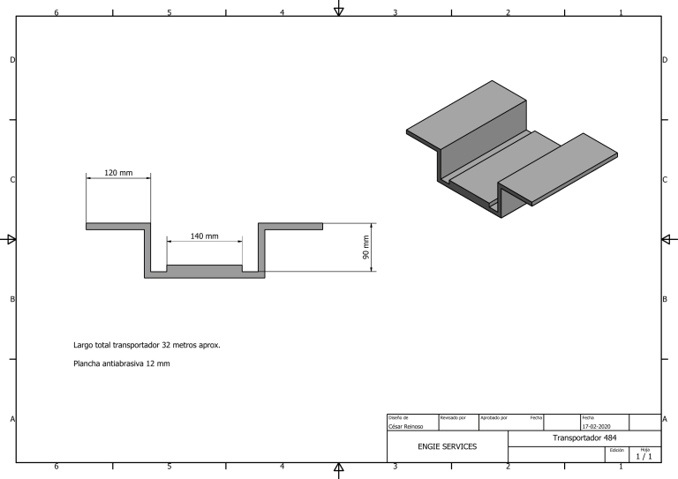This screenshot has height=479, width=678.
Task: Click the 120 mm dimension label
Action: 118,173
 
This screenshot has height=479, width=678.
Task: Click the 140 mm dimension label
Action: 204,236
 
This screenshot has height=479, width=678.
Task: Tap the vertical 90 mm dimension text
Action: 365,248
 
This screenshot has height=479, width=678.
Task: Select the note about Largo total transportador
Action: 147,345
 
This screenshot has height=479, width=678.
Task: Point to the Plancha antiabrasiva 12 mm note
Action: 122,364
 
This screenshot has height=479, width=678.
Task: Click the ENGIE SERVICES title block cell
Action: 448,446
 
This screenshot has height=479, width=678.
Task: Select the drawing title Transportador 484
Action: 584,438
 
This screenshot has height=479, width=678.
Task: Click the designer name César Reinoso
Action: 406,426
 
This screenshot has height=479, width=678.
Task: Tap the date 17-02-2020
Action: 598,426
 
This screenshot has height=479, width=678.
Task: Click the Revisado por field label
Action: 452,417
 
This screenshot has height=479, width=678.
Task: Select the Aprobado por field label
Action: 493,417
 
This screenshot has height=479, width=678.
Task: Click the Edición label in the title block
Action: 616,450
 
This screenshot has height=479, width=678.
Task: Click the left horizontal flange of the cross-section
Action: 117,227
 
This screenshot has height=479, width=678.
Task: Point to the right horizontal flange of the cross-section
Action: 291,227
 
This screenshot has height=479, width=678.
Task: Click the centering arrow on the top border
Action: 339,10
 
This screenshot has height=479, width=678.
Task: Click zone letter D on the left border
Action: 11,60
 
